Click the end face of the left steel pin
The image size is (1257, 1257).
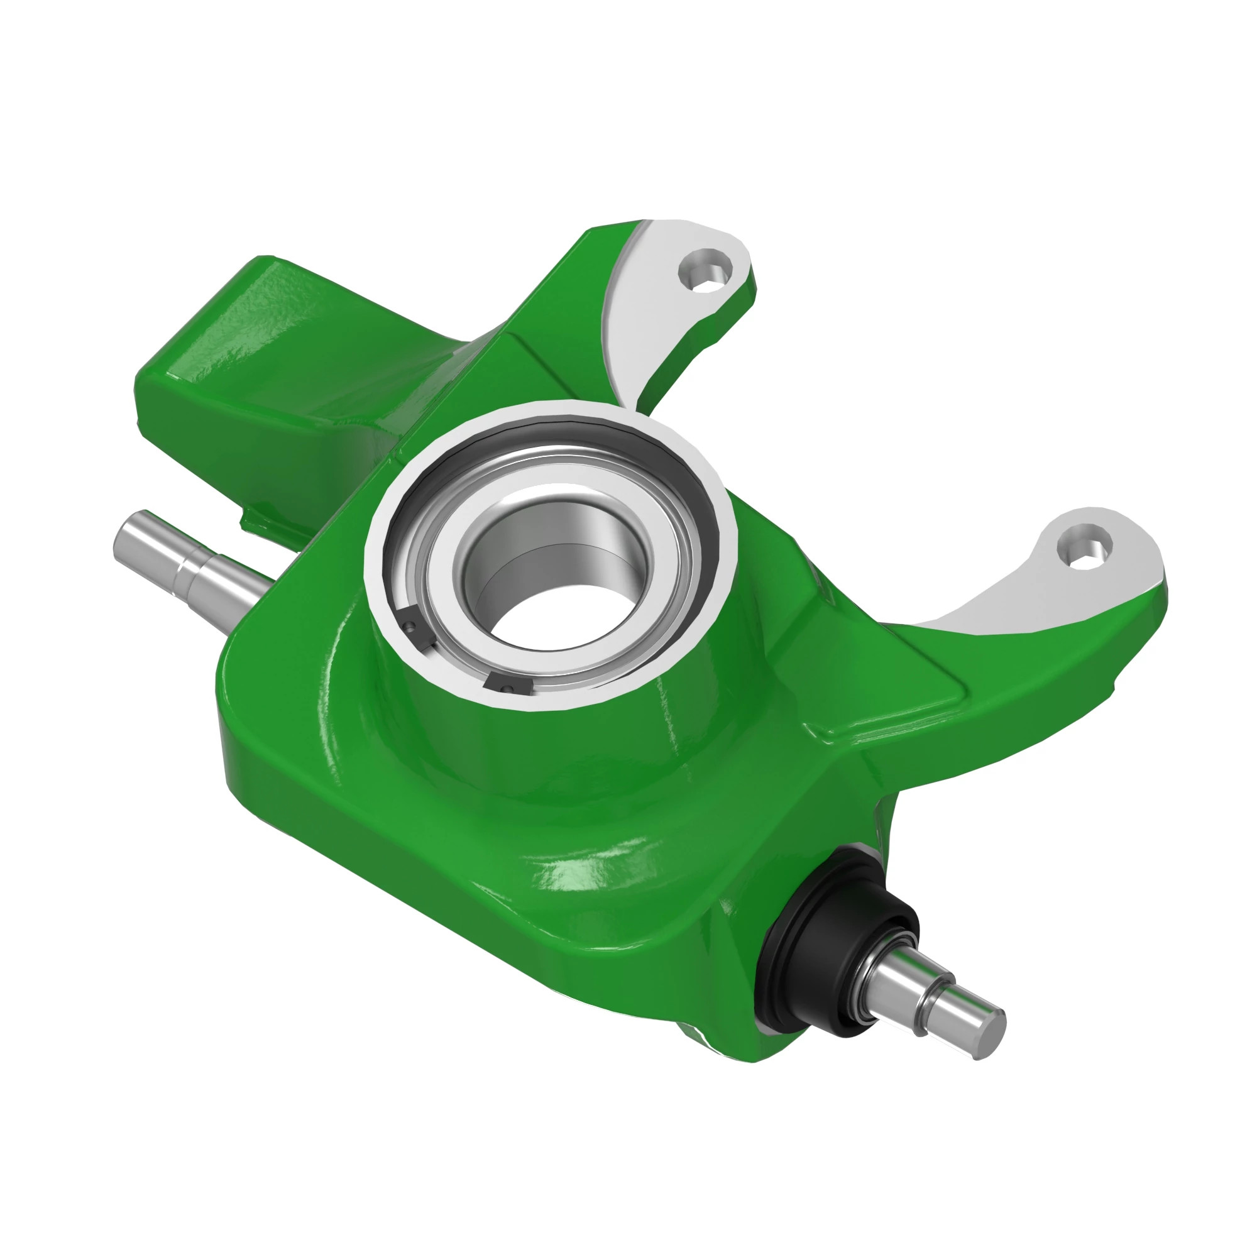[x=126, y=537]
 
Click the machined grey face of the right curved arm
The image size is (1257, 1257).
[x=1015, y=592]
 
